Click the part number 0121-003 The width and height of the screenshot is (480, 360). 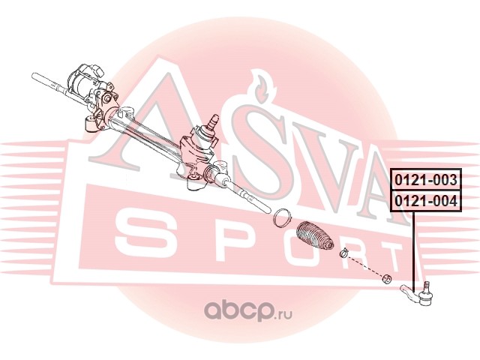[424, 180]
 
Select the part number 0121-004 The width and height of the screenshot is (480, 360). [424, 200]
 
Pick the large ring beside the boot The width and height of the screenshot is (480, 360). [281, 217]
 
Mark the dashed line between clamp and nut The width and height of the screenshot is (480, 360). [366, 266]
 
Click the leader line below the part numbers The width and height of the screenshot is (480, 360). [413, 247]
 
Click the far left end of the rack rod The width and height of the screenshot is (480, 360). [36, 74]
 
